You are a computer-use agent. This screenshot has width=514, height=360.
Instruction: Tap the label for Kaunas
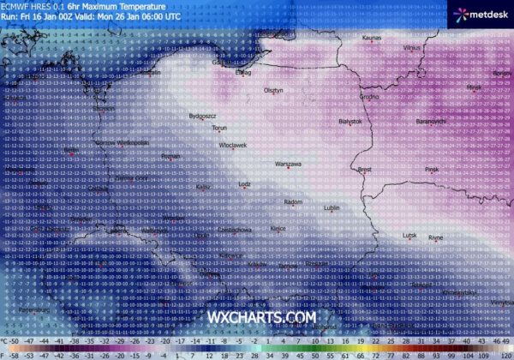[x=372, y=39]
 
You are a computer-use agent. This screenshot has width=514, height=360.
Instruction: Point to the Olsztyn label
[x=274, y=90]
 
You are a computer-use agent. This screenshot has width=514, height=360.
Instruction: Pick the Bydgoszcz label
[x=202, y=115]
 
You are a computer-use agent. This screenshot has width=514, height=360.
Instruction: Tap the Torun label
[x=220, y=129]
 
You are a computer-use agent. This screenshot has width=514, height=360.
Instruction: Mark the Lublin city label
[x=333, y=207]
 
